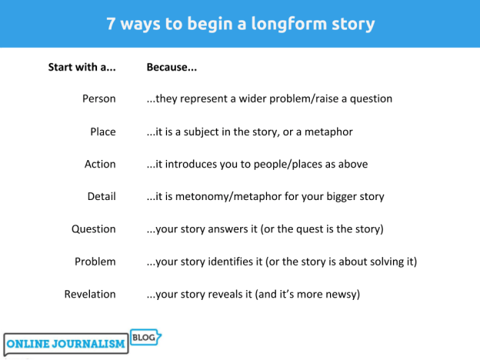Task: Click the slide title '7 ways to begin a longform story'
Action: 240,23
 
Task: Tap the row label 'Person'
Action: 98,98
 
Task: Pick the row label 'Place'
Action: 102,132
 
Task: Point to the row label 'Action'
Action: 100,164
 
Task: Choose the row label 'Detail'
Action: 102,196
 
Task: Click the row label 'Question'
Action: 94,228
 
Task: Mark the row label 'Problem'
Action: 95,262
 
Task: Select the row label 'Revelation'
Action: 91,294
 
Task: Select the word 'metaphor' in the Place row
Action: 328,132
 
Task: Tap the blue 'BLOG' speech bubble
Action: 145,337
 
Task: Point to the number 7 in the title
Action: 111,23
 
